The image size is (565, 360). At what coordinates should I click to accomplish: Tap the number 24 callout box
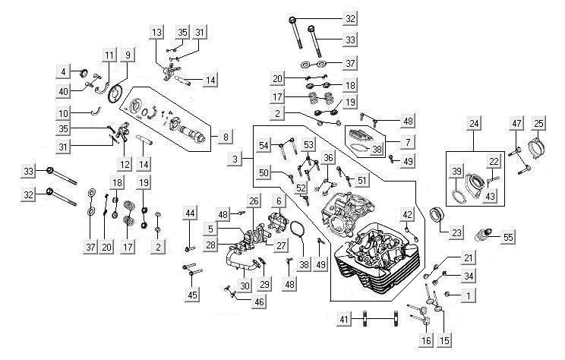(475, 124)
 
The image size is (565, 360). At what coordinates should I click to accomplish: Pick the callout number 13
(157, 33)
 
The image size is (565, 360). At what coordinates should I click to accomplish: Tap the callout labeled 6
(279, 201)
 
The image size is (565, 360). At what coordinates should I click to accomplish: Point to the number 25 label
(539, 124)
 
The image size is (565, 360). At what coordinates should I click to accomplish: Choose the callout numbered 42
(407, 215)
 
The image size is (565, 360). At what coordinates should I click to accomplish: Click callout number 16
(425, 341)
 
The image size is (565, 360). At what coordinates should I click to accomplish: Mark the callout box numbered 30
(244, 286)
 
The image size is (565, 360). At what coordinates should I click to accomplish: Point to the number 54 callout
(264, 144)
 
